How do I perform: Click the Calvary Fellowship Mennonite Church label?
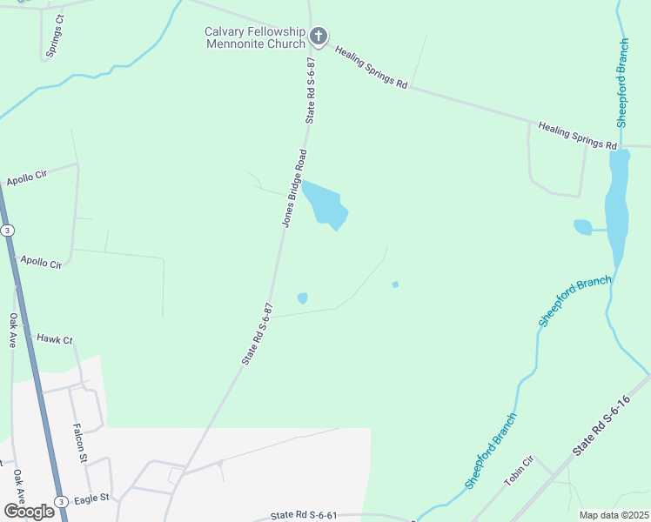255,37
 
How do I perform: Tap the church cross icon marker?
319,37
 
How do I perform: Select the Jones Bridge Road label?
294,188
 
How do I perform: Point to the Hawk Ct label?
54,339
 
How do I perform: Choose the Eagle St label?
91,499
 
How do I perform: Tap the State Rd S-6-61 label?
304,516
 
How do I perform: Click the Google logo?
28,511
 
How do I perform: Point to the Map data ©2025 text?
614,515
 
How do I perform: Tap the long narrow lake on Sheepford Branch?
617,204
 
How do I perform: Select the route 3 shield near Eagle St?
61,501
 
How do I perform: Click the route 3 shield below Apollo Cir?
7,230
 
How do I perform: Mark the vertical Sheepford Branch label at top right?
622,84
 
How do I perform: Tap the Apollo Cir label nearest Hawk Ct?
42,261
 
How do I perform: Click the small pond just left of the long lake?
582,227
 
